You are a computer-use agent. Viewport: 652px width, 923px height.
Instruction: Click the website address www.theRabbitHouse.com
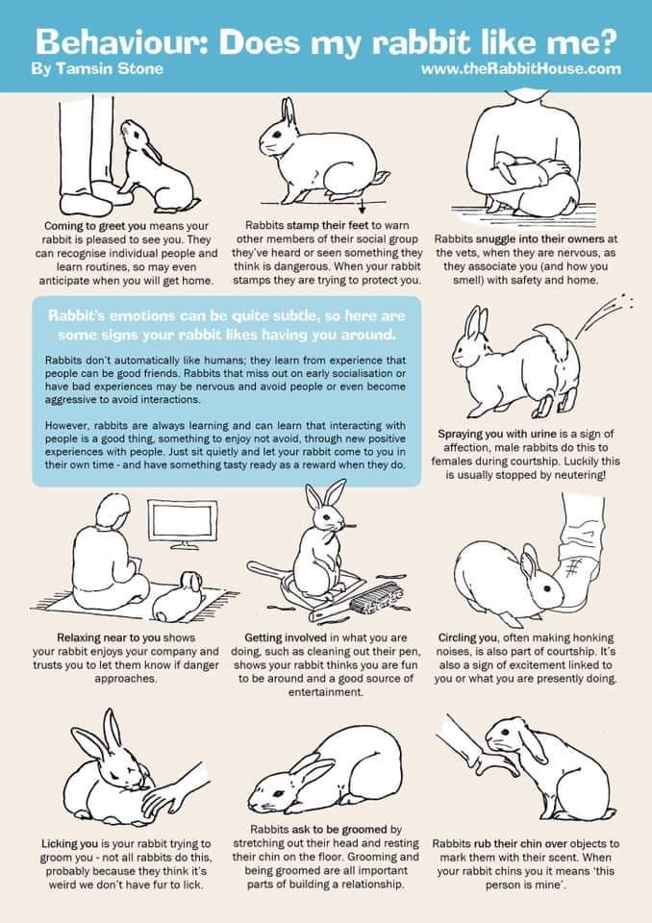[520, 69]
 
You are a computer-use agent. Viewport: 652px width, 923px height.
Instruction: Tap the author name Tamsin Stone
[96, 69]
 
